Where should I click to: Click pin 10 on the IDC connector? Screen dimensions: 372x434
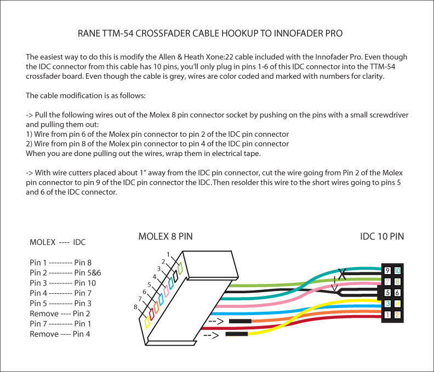[x=397, y=271]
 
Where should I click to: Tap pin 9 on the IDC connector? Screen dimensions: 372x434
[x=388, y=271]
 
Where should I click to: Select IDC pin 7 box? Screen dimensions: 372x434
[x=388, y=282]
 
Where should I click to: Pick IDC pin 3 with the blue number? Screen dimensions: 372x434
[x=388, y=304]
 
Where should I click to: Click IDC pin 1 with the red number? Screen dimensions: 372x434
[x=388, y=315]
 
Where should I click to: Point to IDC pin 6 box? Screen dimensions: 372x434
[x=397, y=293]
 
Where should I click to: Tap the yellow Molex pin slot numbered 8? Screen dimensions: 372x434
[x=146, y=322]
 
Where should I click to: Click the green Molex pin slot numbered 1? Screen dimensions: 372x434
[x=180, y=268]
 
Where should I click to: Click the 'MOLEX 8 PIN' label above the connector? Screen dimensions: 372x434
[x=165, y=237]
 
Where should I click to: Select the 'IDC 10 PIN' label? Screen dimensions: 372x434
[x=382, y=237]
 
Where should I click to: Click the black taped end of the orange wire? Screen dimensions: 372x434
[x=240, y=321]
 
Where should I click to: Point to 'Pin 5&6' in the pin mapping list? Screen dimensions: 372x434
[x=88, y=272]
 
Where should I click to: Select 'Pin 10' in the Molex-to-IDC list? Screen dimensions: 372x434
[x=85, y=283]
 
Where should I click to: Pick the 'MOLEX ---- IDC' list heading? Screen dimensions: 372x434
[x=58, y=242]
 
